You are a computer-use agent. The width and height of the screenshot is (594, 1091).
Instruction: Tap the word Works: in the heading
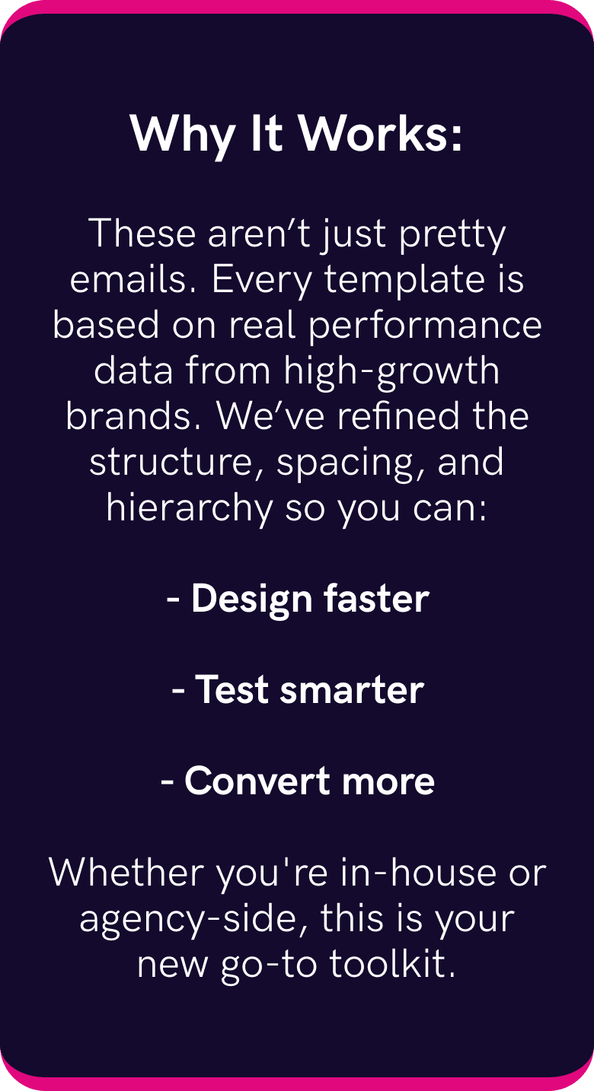click(x=380, y=135)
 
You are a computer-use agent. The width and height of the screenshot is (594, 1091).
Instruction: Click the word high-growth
click(x=391, y=371)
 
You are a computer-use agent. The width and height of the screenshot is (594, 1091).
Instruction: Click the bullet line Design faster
click(x=298, y=600)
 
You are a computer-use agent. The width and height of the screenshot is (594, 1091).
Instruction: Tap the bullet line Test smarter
click(x=298, y=690)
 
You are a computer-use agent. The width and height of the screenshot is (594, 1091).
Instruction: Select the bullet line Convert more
click(x=298, y=781)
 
